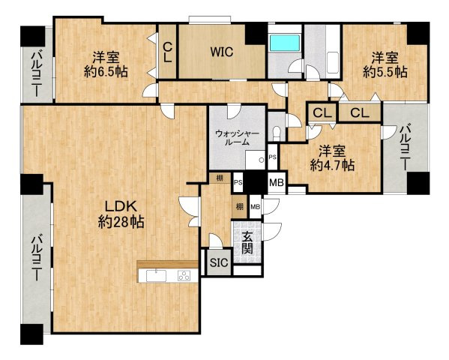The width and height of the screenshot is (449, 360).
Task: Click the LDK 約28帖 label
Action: (x=121, y=214)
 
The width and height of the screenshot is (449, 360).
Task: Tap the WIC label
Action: (x=222, y=52)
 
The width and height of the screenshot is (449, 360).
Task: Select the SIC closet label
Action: (x=219, y=262)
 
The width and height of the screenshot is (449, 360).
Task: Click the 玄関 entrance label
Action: (x=247, y=242)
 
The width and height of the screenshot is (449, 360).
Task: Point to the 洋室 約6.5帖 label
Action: (x=106, y=64)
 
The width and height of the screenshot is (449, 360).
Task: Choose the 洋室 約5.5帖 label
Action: (x=385, y=64)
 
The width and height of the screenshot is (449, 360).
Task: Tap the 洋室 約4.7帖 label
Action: (x=333, y=158)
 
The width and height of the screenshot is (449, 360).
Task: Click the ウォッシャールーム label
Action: (x=237, y=137)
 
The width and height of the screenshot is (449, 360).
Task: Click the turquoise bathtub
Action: (x=285, y=43)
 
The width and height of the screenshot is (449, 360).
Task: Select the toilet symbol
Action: (x=277, y=133)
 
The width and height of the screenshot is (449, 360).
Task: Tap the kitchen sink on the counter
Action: (x=157, y=276)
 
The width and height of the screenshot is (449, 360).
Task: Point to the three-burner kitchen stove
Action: (x=184, y=276)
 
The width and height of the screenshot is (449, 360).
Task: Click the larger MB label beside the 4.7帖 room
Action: (x=277, y=182)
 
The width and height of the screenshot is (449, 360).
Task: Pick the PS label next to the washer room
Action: (x=273, y=157)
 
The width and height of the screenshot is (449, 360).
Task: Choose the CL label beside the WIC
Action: (x=167, y=52)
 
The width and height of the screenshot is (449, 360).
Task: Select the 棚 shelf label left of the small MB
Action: (x=240, y=206)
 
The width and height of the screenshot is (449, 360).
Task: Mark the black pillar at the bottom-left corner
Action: (x=31, y=334)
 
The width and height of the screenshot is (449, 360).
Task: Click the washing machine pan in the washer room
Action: (x=255, y=160)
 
